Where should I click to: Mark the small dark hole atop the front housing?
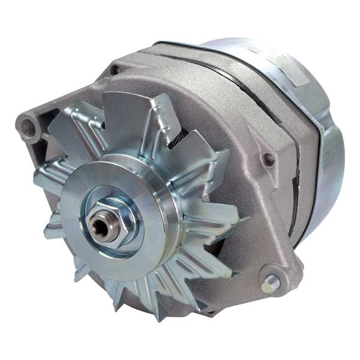coord(115,70)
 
